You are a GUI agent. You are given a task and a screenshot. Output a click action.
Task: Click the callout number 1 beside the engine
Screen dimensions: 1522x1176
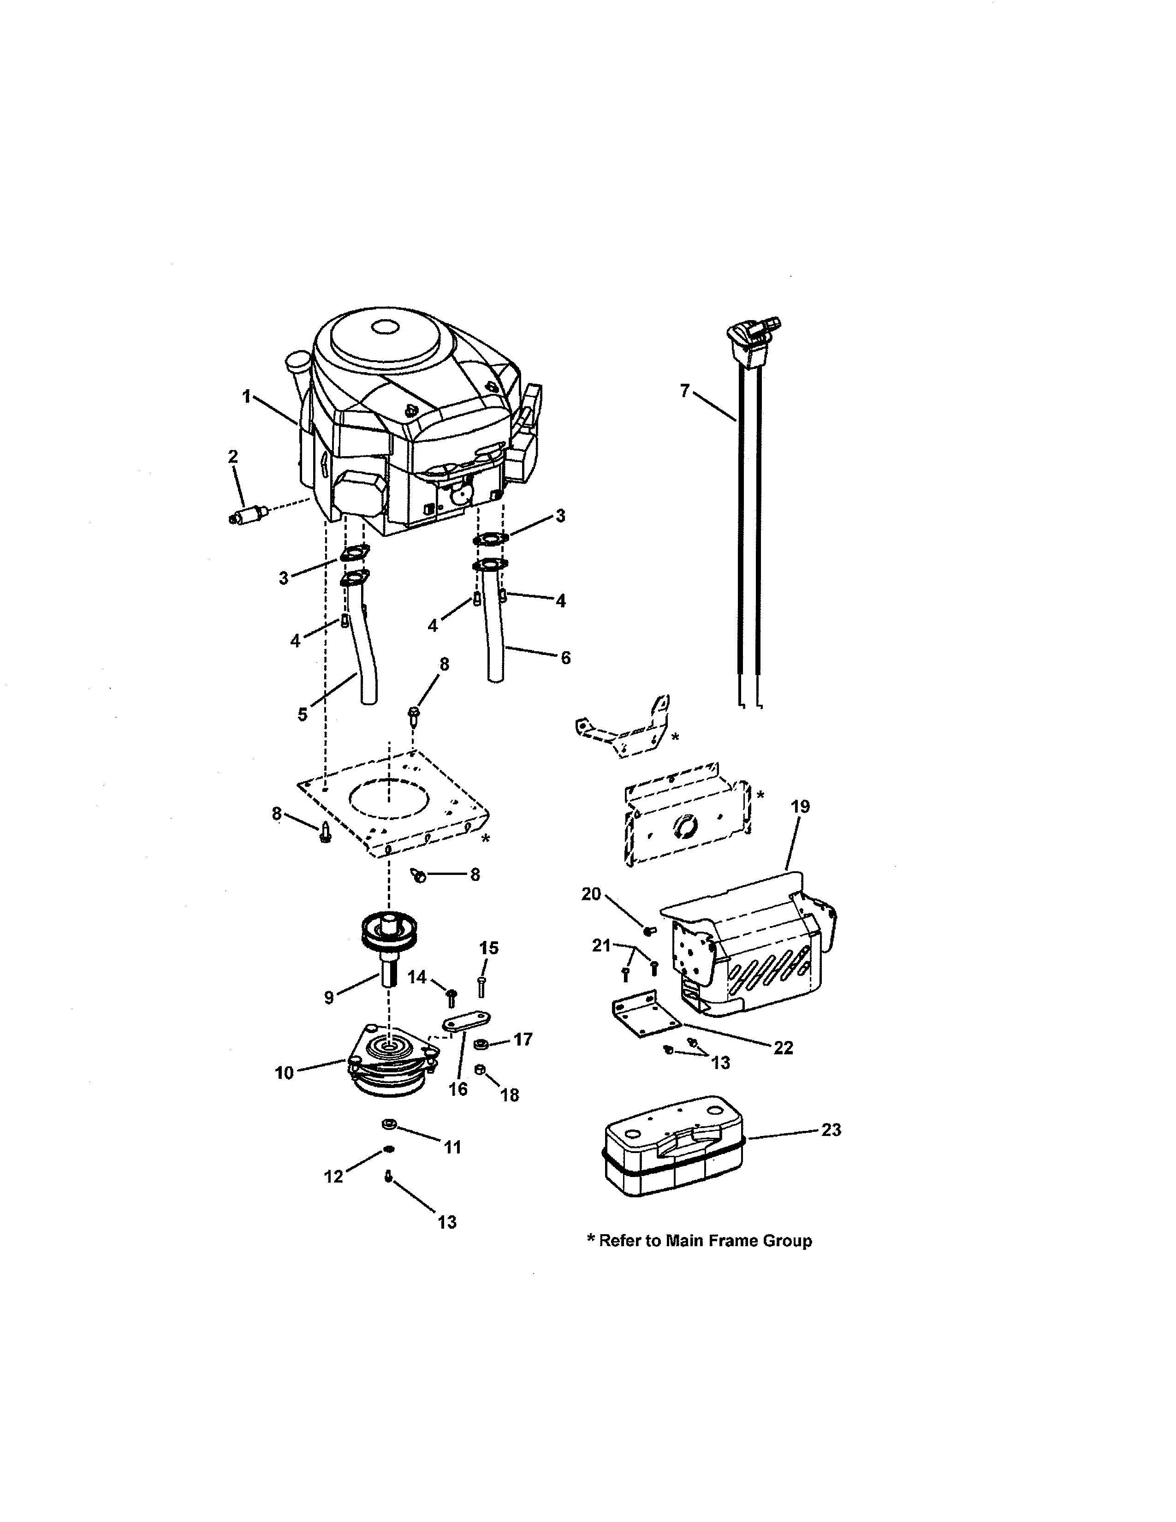(246, 397)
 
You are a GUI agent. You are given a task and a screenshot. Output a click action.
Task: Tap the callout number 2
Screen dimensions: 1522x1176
(233, 457)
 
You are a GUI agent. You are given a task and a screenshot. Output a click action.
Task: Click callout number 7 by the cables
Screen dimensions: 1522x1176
(685, 391)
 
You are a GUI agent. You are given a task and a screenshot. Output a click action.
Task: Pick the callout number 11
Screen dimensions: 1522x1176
(453, 1147)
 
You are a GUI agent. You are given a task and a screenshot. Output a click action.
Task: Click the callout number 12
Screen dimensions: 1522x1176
(334, 1177)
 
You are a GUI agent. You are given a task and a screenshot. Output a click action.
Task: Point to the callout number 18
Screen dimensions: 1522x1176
(510, 1095)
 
